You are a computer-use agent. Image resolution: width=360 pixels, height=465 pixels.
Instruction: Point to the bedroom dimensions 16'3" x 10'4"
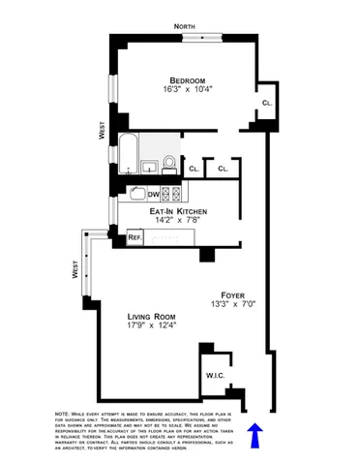coord(190,90)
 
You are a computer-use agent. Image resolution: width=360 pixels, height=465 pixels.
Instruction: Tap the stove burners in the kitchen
coord(168,194)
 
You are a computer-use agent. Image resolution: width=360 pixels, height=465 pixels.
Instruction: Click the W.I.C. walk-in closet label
coord(215,374)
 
